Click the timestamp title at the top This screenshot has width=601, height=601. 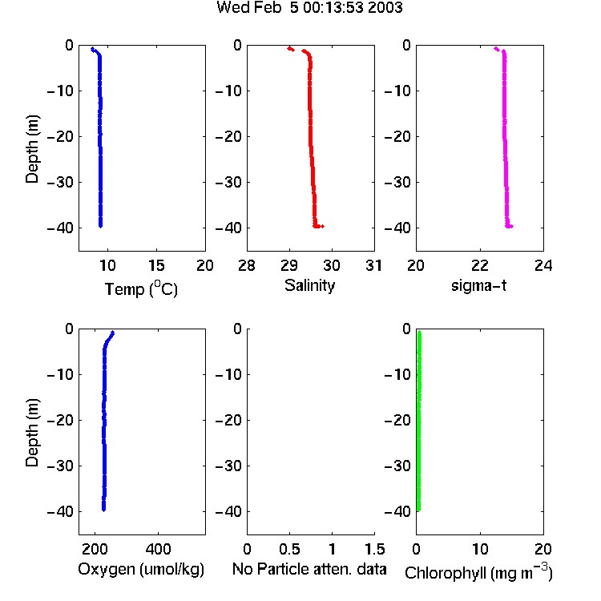[309, 7]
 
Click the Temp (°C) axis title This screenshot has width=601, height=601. [141, 288]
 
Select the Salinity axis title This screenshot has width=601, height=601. [309, 285]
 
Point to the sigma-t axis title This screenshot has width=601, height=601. [478, 285]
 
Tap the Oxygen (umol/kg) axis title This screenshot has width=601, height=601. [141, 569]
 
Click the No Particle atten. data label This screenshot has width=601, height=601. [309, 569]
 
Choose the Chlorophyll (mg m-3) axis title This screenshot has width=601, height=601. [478, 572]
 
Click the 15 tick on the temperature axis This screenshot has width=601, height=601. [156, 265]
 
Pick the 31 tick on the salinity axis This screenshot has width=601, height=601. [373, 265]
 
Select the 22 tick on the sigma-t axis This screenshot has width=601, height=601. [480, 265]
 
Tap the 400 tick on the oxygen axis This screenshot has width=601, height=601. [158, 549]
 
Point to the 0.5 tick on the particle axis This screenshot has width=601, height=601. [289, 549]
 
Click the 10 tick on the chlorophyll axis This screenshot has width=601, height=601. [480, 549]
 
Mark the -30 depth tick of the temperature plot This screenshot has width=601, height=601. [60, 182]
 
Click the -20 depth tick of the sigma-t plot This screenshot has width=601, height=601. [397, 136]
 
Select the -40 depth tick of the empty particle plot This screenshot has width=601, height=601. [229, 511]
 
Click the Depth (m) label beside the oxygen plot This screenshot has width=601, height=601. [32, 433]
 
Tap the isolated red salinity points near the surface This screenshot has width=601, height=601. [291, 49]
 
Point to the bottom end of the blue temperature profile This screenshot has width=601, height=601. [100, 226]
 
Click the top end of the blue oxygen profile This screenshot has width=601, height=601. [113, 333]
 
